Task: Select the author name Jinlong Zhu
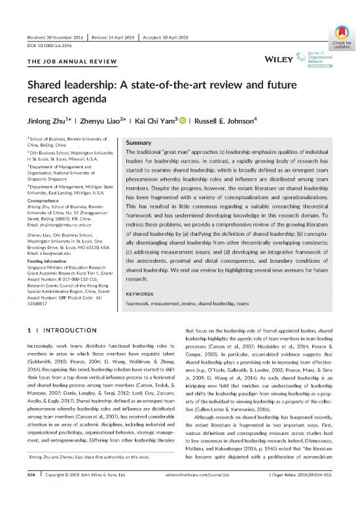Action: coord(46,122)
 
